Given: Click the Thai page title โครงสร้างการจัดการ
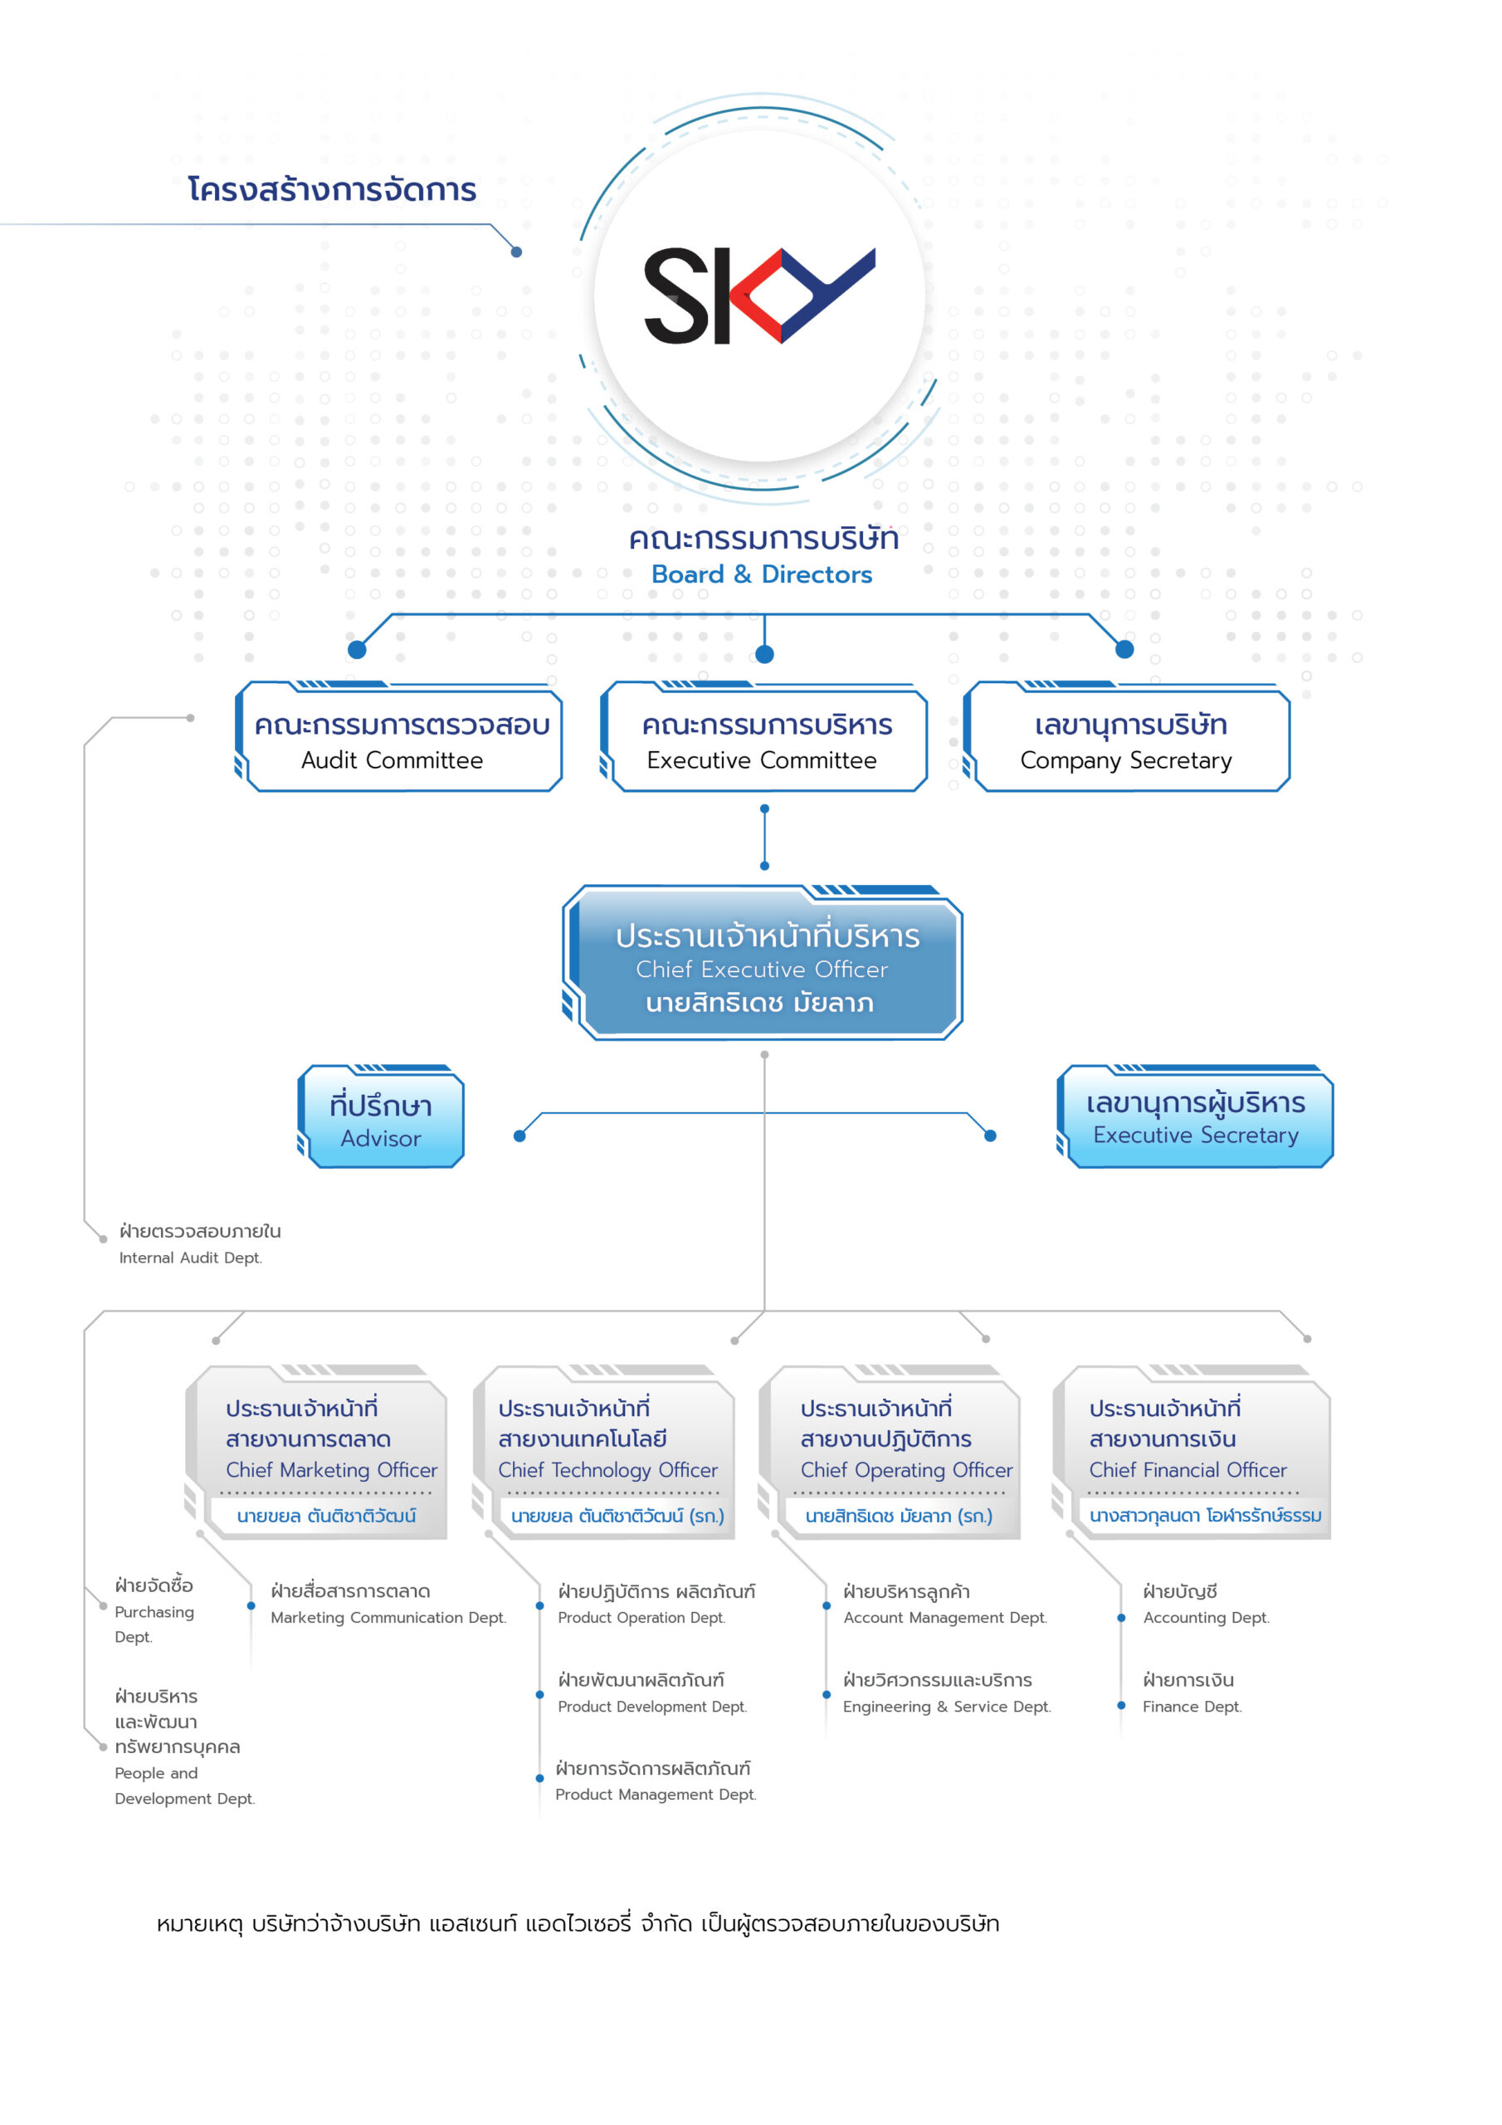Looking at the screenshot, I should (331, 190).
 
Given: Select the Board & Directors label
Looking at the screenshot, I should (762, 574).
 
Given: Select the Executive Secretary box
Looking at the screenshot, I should (1195, 1118).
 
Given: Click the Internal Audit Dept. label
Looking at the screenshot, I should (190, 1257).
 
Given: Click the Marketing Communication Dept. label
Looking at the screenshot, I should (388, 1617).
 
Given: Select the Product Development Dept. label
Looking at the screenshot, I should (651, 1706).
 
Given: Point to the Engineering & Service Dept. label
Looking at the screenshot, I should (946, 1706).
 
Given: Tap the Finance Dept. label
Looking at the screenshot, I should (1191, 1706).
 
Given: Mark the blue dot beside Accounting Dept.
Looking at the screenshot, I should (1121, 1618).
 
